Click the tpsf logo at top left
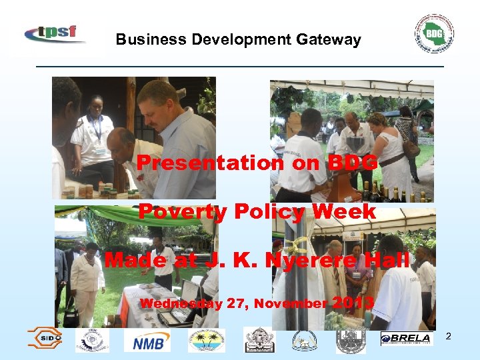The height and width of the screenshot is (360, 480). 55,33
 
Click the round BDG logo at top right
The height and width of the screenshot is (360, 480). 434,33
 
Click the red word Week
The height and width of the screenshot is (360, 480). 343,212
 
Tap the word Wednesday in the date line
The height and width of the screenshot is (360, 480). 181,304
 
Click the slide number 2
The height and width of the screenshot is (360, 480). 448,336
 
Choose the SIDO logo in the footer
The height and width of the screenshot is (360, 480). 45,339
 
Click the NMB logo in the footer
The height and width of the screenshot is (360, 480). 147,341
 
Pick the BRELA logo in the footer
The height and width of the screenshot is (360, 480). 405,339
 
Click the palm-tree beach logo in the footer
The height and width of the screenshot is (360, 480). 207,340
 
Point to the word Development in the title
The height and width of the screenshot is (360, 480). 238,39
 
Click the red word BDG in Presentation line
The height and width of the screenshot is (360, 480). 353,163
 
